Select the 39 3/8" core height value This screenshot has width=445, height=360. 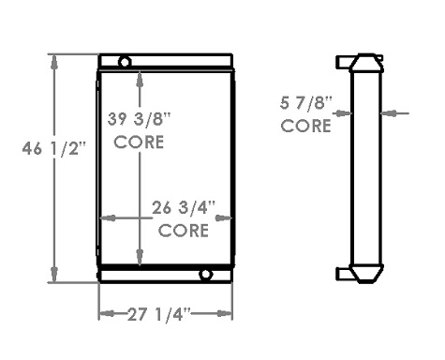[140, 121]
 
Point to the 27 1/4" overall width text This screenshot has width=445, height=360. [166, 313]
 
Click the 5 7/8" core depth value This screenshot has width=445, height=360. [306, 103]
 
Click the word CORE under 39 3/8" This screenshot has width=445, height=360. [140, 142]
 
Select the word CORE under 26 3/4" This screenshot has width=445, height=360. [183, 231]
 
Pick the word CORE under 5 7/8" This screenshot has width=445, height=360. [306, 125]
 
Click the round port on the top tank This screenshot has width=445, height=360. [124, 62]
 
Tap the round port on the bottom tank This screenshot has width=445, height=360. [206, 275]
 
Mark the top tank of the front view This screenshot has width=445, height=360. [165, 61]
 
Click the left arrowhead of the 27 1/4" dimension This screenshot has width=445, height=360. [104, 313]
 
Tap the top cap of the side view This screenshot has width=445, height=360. [361, 63]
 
